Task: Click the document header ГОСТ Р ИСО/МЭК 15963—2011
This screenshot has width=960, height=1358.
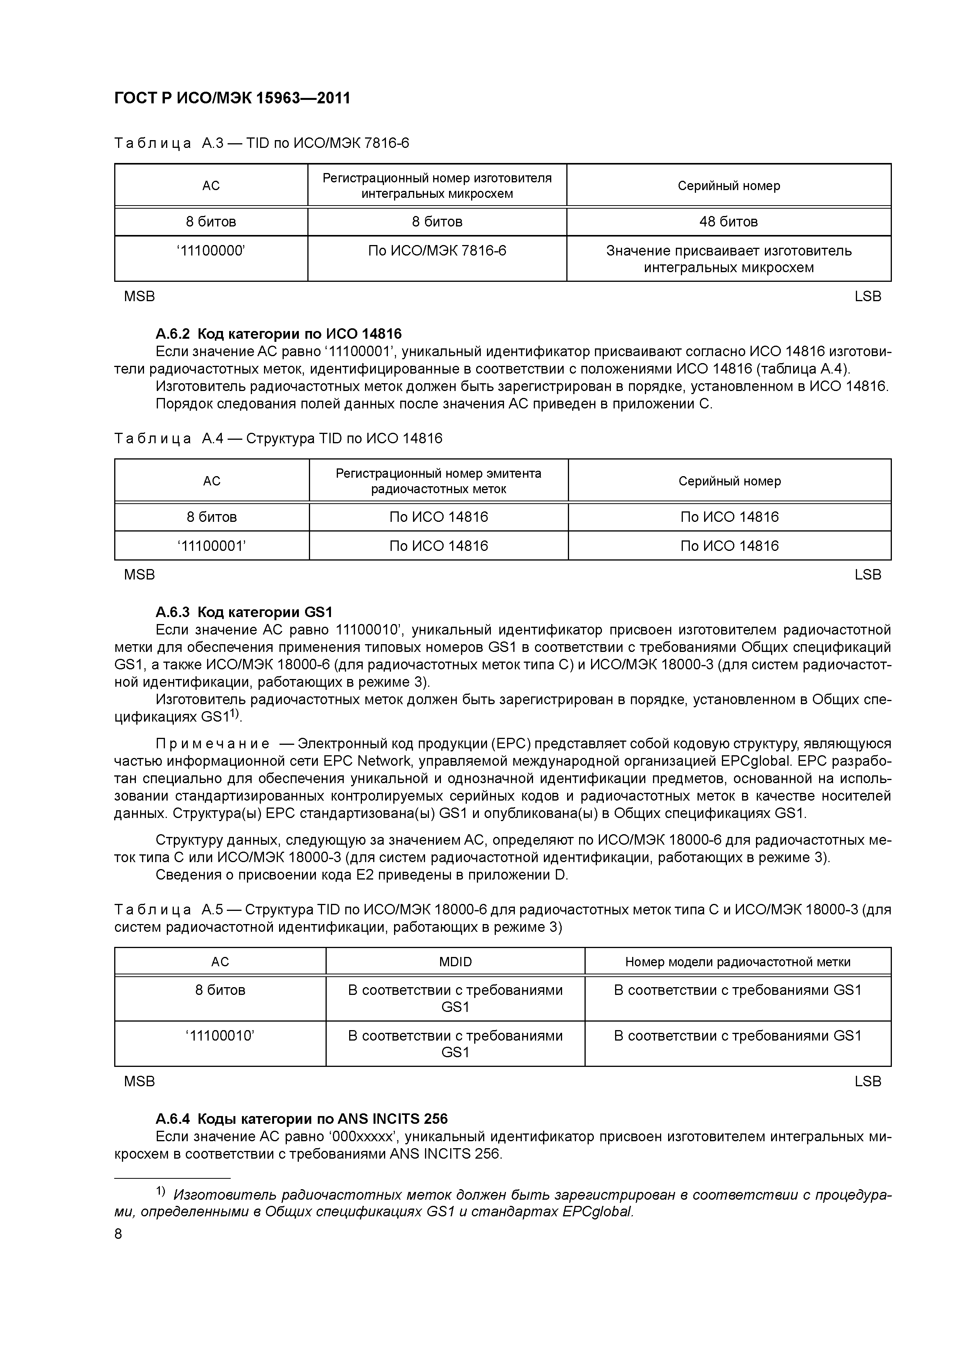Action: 232,98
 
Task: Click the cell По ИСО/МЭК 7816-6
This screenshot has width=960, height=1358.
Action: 437,251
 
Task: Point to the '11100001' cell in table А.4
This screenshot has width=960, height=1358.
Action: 211,545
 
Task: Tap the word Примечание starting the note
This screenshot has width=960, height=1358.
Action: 213,744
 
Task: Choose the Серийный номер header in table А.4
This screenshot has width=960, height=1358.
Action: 729,481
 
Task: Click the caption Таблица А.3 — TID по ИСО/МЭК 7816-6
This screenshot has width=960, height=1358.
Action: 261,143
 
